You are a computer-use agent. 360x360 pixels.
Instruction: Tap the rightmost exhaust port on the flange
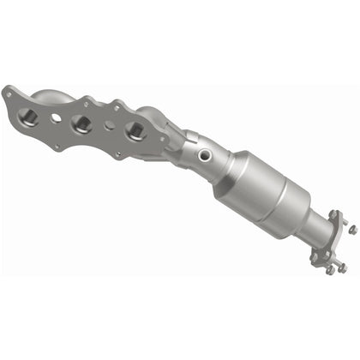click(x=134, y=130)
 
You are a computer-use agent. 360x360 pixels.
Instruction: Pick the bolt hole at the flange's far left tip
click(x=8, y=92)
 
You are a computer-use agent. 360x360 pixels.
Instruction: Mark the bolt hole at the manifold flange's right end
click(x=163, y=147)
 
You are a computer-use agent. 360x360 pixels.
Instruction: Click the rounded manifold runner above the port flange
click(x=51, y=95)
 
